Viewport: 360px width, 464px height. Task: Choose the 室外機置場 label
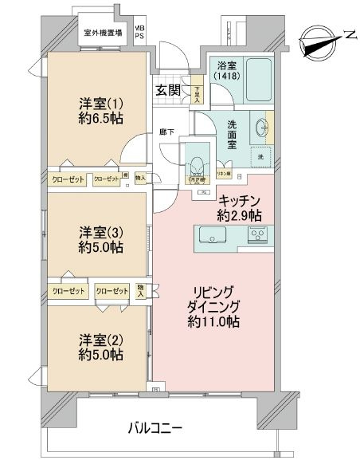coord(103,33)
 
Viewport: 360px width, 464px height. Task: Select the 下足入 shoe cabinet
coord(196,95)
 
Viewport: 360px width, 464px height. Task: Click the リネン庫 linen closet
coord(224,173)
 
